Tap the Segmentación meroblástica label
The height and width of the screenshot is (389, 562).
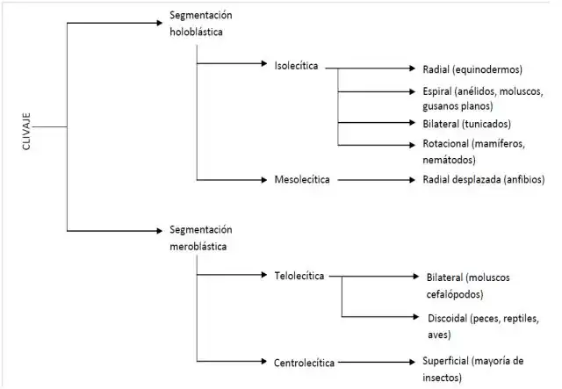coord(202,238)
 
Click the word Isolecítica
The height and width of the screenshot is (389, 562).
coord(295,66)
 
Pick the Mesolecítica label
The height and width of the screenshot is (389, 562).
coord(301,179)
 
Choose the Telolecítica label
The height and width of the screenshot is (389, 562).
coord(299,276)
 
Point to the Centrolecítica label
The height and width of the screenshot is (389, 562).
coord(304,360)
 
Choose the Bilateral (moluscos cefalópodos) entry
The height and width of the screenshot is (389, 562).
coord(467,285)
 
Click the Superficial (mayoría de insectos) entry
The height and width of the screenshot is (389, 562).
coord(472,368)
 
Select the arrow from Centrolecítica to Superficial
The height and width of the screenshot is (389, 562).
coord(373,360)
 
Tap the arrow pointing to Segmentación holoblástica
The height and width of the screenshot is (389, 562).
coord(114,23)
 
